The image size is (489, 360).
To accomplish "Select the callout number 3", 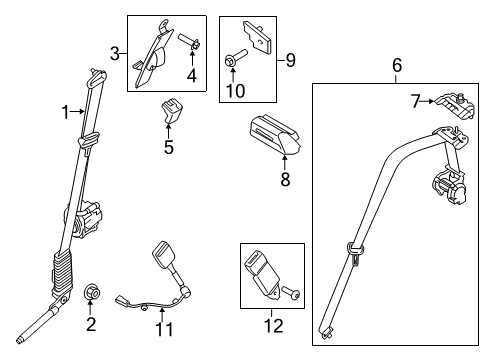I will click(x=116, y=53).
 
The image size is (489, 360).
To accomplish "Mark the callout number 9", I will click(x=291, y=61).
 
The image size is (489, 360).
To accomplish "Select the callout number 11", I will click(x=167, y=328).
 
